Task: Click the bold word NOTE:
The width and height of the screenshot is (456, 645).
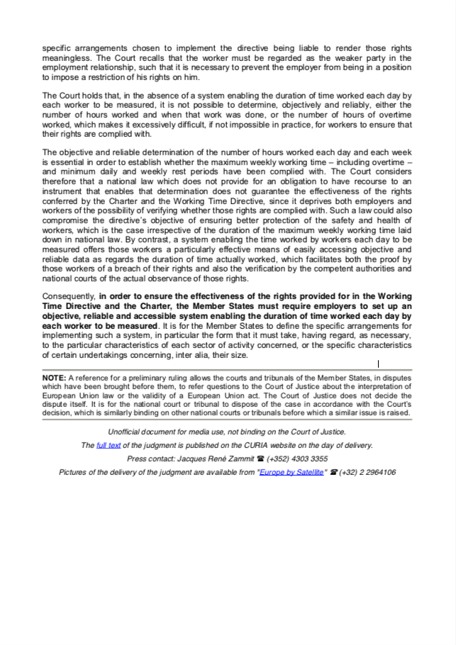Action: (x=55, y=378)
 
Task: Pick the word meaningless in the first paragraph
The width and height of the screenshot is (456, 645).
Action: (x=68, y=57)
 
